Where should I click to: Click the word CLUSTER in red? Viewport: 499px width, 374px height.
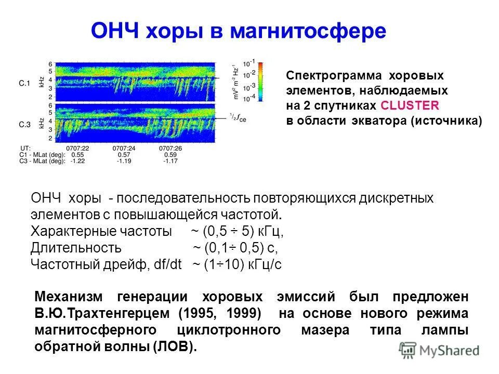(410, 105)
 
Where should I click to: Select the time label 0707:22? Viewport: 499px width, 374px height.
(78, 148)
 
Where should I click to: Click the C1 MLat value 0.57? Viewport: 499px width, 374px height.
(124, 155)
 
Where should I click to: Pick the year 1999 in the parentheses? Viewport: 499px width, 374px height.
(244, 314)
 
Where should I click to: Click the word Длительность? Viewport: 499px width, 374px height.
(76, 248)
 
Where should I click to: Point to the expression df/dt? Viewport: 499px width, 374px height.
(167, 264)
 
